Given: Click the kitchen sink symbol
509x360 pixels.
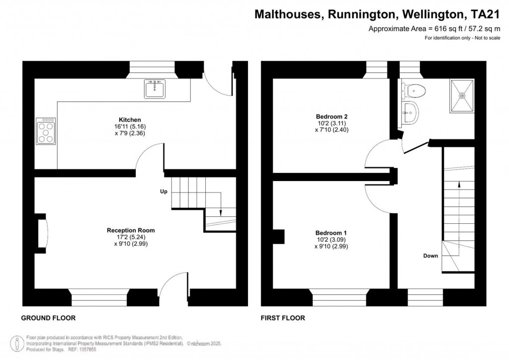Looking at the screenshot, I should [156, 89].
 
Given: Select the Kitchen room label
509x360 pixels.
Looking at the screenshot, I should [130, 120].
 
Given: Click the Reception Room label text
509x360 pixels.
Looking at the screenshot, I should [130, 230].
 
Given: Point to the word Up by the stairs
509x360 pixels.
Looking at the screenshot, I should [163, 191].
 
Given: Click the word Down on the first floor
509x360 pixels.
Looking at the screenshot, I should [430, 256].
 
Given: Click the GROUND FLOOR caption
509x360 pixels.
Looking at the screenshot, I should [48, 318].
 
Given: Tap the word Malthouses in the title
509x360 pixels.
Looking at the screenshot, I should [287, 14].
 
